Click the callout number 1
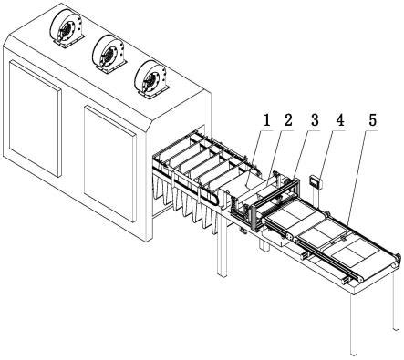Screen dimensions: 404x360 click(x=266, y=120)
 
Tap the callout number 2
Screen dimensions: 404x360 click(x=287, y=120)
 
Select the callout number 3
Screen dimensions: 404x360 click(x=315, y=120)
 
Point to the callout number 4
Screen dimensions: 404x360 click(x=340, y=120)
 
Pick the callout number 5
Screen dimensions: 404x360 click(x=372, y=120)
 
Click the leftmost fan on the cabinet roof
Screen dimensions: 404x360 click(x=67, y=28)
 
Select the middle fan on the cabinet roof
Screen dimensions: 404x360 click(x=109, y=54)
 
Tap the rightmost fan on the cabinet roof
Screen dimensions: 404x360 click(x=151, y=79)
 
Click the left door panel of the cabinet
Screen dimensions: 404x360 click(x=35, y=118)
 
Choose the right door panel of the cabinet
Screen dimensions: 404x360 click(x=109, y=163)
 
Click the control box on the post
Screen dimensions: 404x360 click(x=316, y=181)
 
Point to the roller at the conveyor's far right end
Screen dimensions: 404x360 click(x=397, y=261)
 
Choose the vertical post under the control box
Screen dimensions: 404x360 click(x=315, y=198)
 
